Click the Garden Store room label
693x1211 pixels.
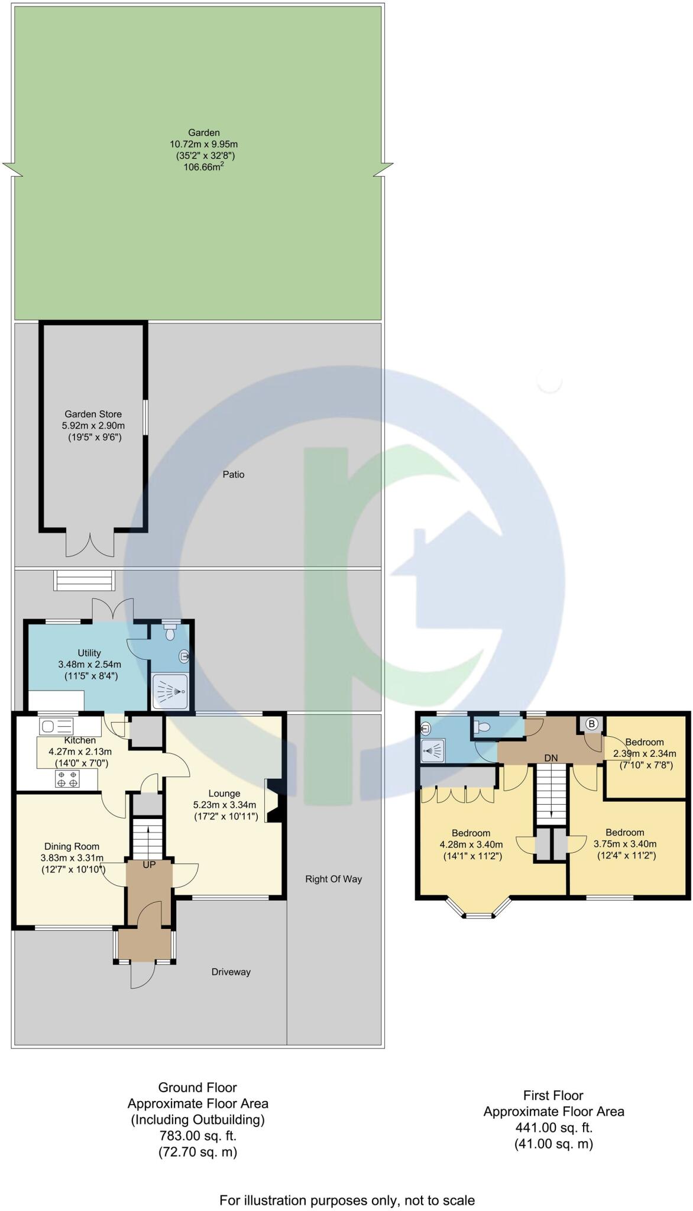(x=93, y=414)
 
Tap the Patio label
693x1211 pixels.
(x=234, y=474)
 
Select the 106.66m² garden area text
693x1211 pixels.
(x=203, y=167)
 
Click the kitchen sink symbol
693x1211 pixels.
(x=56, y=726)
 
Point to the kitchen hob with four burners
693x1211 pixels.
(x=67, y=779)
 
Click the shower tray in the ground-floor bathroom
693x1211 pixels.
(x=170, y=691)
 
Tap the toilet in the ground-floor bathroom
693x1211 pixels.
(x=170, y=633)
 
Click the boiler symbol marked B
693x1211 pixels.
(x=592, y=724)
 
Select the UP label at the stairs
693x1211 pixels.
(x=149, y=864)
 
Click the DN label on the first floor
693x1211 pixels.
(x=550, y=758)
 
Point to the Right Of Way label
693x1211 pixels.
(x=333, y=879)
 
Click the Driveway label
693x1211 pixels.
(x=231, y=972)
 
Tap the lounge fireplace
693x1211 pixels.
(x=274, y=801)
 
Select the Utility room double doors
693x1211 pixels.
(x=113, y=609)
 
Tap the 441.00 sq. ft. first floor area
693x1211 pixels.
(x=553, y=1128)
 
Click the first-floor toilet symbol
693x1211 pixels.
(x=483, y=727)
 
